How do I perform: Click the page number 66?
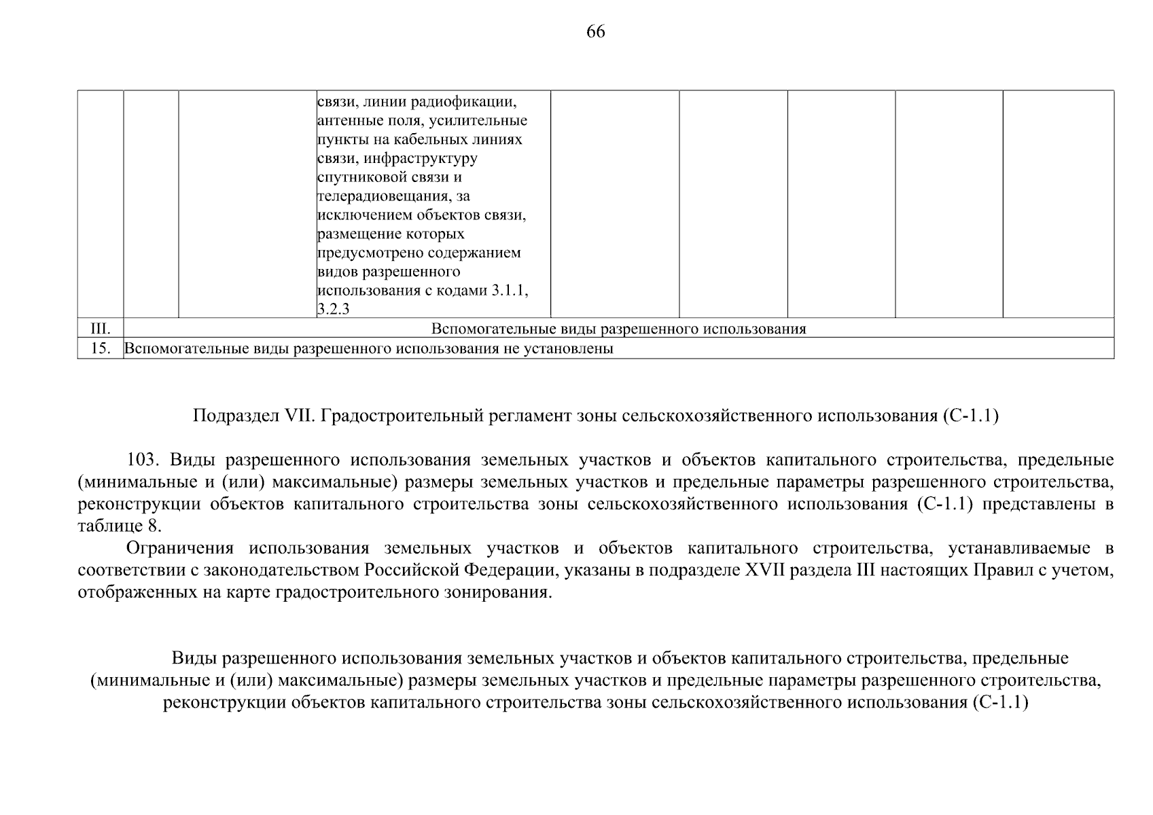click(x=595, y=32)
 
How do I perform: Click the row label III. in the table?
click(x=101, y=329)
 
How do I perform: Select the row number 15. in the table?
click(x=101, y=349)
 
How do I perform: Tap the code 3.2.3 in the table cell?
click(x=333, y=310)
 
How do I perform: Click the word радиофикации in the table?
click(x=473, y=102)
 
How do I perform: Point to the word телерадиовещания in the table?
click(x=382, y=196)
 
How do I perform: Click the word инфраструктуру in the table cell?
click(x=421, y=158)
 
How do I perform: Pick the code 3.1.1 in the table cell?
click(x=509, y=291)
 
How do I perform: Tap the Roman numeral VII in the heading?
click(x=291, y=416)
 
